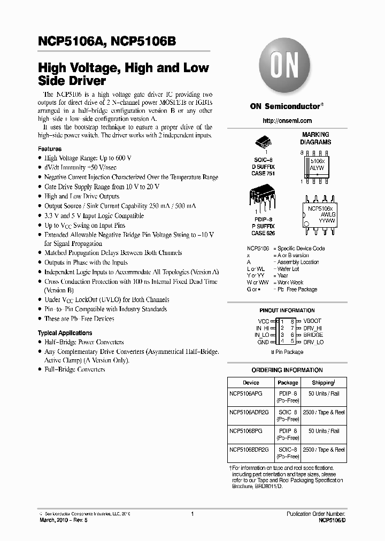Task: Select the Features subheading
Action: (x=50, y=149)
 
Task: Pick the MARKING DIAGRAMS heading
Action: (x=315, y=138)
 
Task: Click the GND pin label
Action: (x=263, y=342)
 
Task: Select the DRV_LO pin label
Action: (x=313, y=342)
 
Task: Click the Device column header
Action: (x=251, y=383)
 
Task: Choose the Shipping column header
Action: (x=324, y=383)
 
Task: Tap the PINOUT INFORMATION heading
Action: (x=287, y=311)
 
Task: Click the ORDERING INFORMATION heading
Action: (x=287, y=370)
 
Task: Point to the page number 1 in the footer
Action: (x=191, y=513)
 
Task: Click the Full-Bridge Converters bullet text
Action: (x=74, y=370)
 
